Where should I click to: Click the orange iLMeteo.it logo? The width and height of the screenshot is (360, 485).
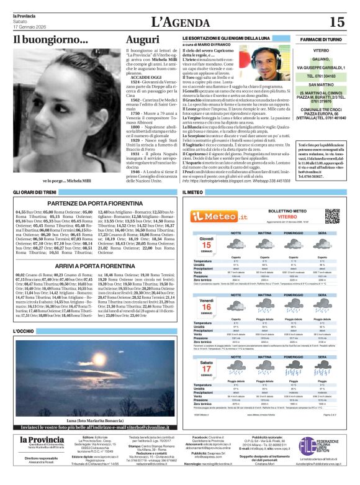tap(212, 215)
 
